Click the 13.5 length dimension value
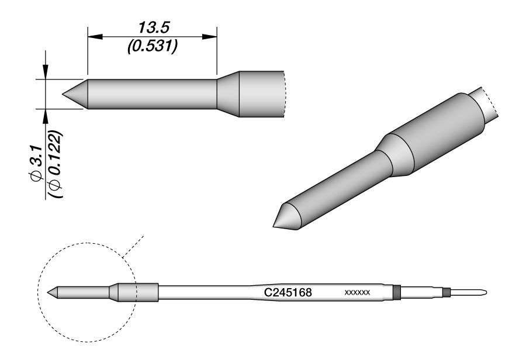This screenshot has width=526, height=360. point(154,28)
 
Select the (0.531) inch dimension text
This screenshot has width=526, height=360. point(152,46)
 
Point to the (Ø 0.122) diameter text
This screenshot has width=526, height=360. point(55,164)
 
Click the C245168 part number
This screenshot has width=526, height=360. point(288,293)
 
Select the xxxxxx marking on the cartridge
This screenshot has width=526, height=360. point(357,293)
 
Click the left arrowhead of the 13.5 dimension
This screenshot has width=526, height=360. point(95,37)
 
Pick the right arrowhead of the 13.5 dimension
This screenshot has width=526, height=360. point(210,37)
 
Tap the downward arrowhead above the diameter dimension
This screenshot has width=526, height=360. point(45,72)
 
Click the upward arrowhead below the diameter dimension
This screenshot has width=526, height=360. point(45,116)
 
